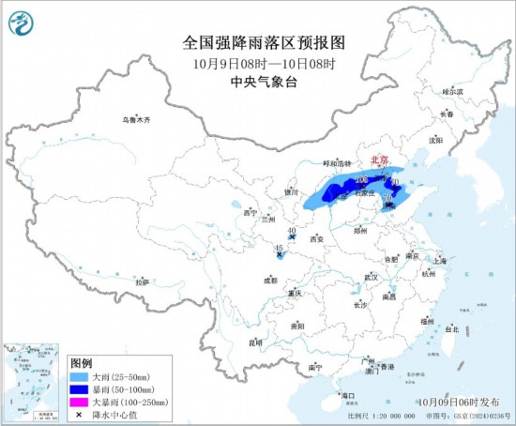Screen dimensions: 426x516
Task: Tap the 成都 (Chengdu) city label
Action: click(x=270, y=280)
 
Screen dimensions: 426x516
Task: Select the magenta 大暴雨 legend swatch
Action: click(x=82, y=401)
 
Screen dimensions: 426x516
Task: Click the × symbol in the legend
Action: click(x=82, y=413)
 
